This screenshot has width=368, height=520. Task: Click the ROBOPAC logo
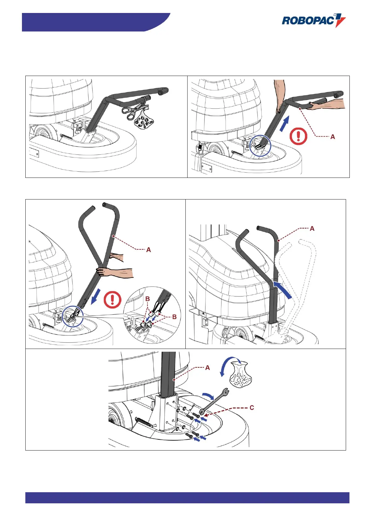(313, 21)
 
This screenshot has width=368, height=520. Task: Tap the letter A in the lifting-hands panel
(332, 136)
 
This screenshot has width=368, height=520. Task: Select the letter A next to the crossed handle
(148, 250)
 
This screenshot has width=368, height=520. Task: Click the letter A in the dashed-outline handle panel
(312, 229)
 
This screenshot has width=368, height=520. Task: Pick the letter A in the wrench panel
(207, 367)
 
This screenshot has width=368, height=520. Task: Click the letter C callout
(252, 408)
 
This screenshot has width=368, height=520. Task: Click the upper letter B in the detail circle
(148, 299)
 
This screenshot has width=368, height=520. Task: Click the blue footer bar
(187, 498)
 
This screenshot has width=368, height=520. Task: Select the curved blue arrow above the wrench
(208, 396)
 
